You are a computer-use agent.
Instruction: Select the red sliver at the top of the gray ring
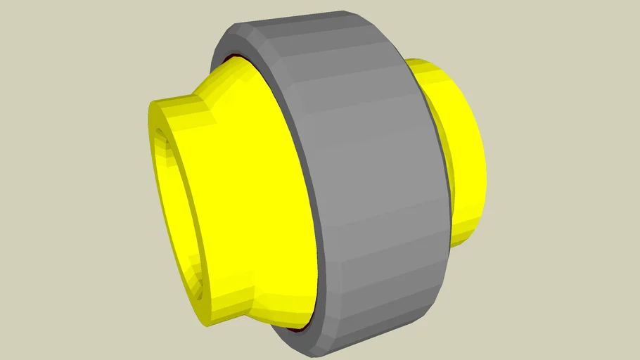tap(239, 56)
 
